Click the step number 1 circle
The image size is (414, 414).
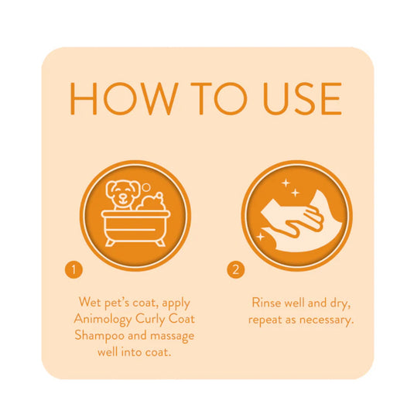(73, 270)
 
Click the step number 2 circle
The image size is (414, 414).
(235, 270)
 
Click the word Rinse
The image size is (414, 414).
(268, 302)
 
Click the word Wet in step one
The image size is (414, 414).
(91, 302)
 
